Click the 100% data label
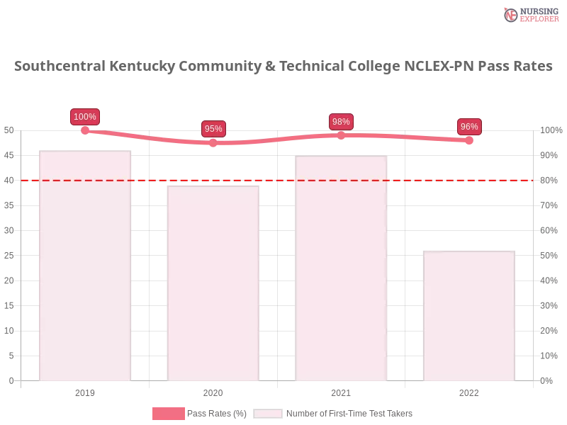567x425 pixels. click(x=85, y=117)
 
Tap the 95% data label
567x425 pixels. click(x=213, y=129)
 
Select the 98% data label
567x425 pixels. click(x=341, y=122)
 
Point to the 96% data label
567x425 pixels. click(x=468, y=127)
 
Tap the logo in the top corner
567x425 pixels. click(x=529, y=14)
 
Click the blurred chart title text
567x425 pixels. click(x=283, y=67)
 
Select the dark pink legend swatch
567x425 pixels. click(x=168, y=413)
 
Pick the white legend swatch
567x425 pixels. click(x=268, y=414)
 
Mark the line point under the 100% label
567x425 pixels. click(x=85, y=130)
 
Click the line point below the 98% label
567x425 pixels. click(x=341, y=135)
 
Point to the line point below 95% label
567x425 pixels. click(x=213, y=142)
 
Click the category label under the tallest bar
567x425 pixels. click(x=85, y=391)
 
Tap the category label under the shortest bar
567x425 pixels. click(x=468, y=391)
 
